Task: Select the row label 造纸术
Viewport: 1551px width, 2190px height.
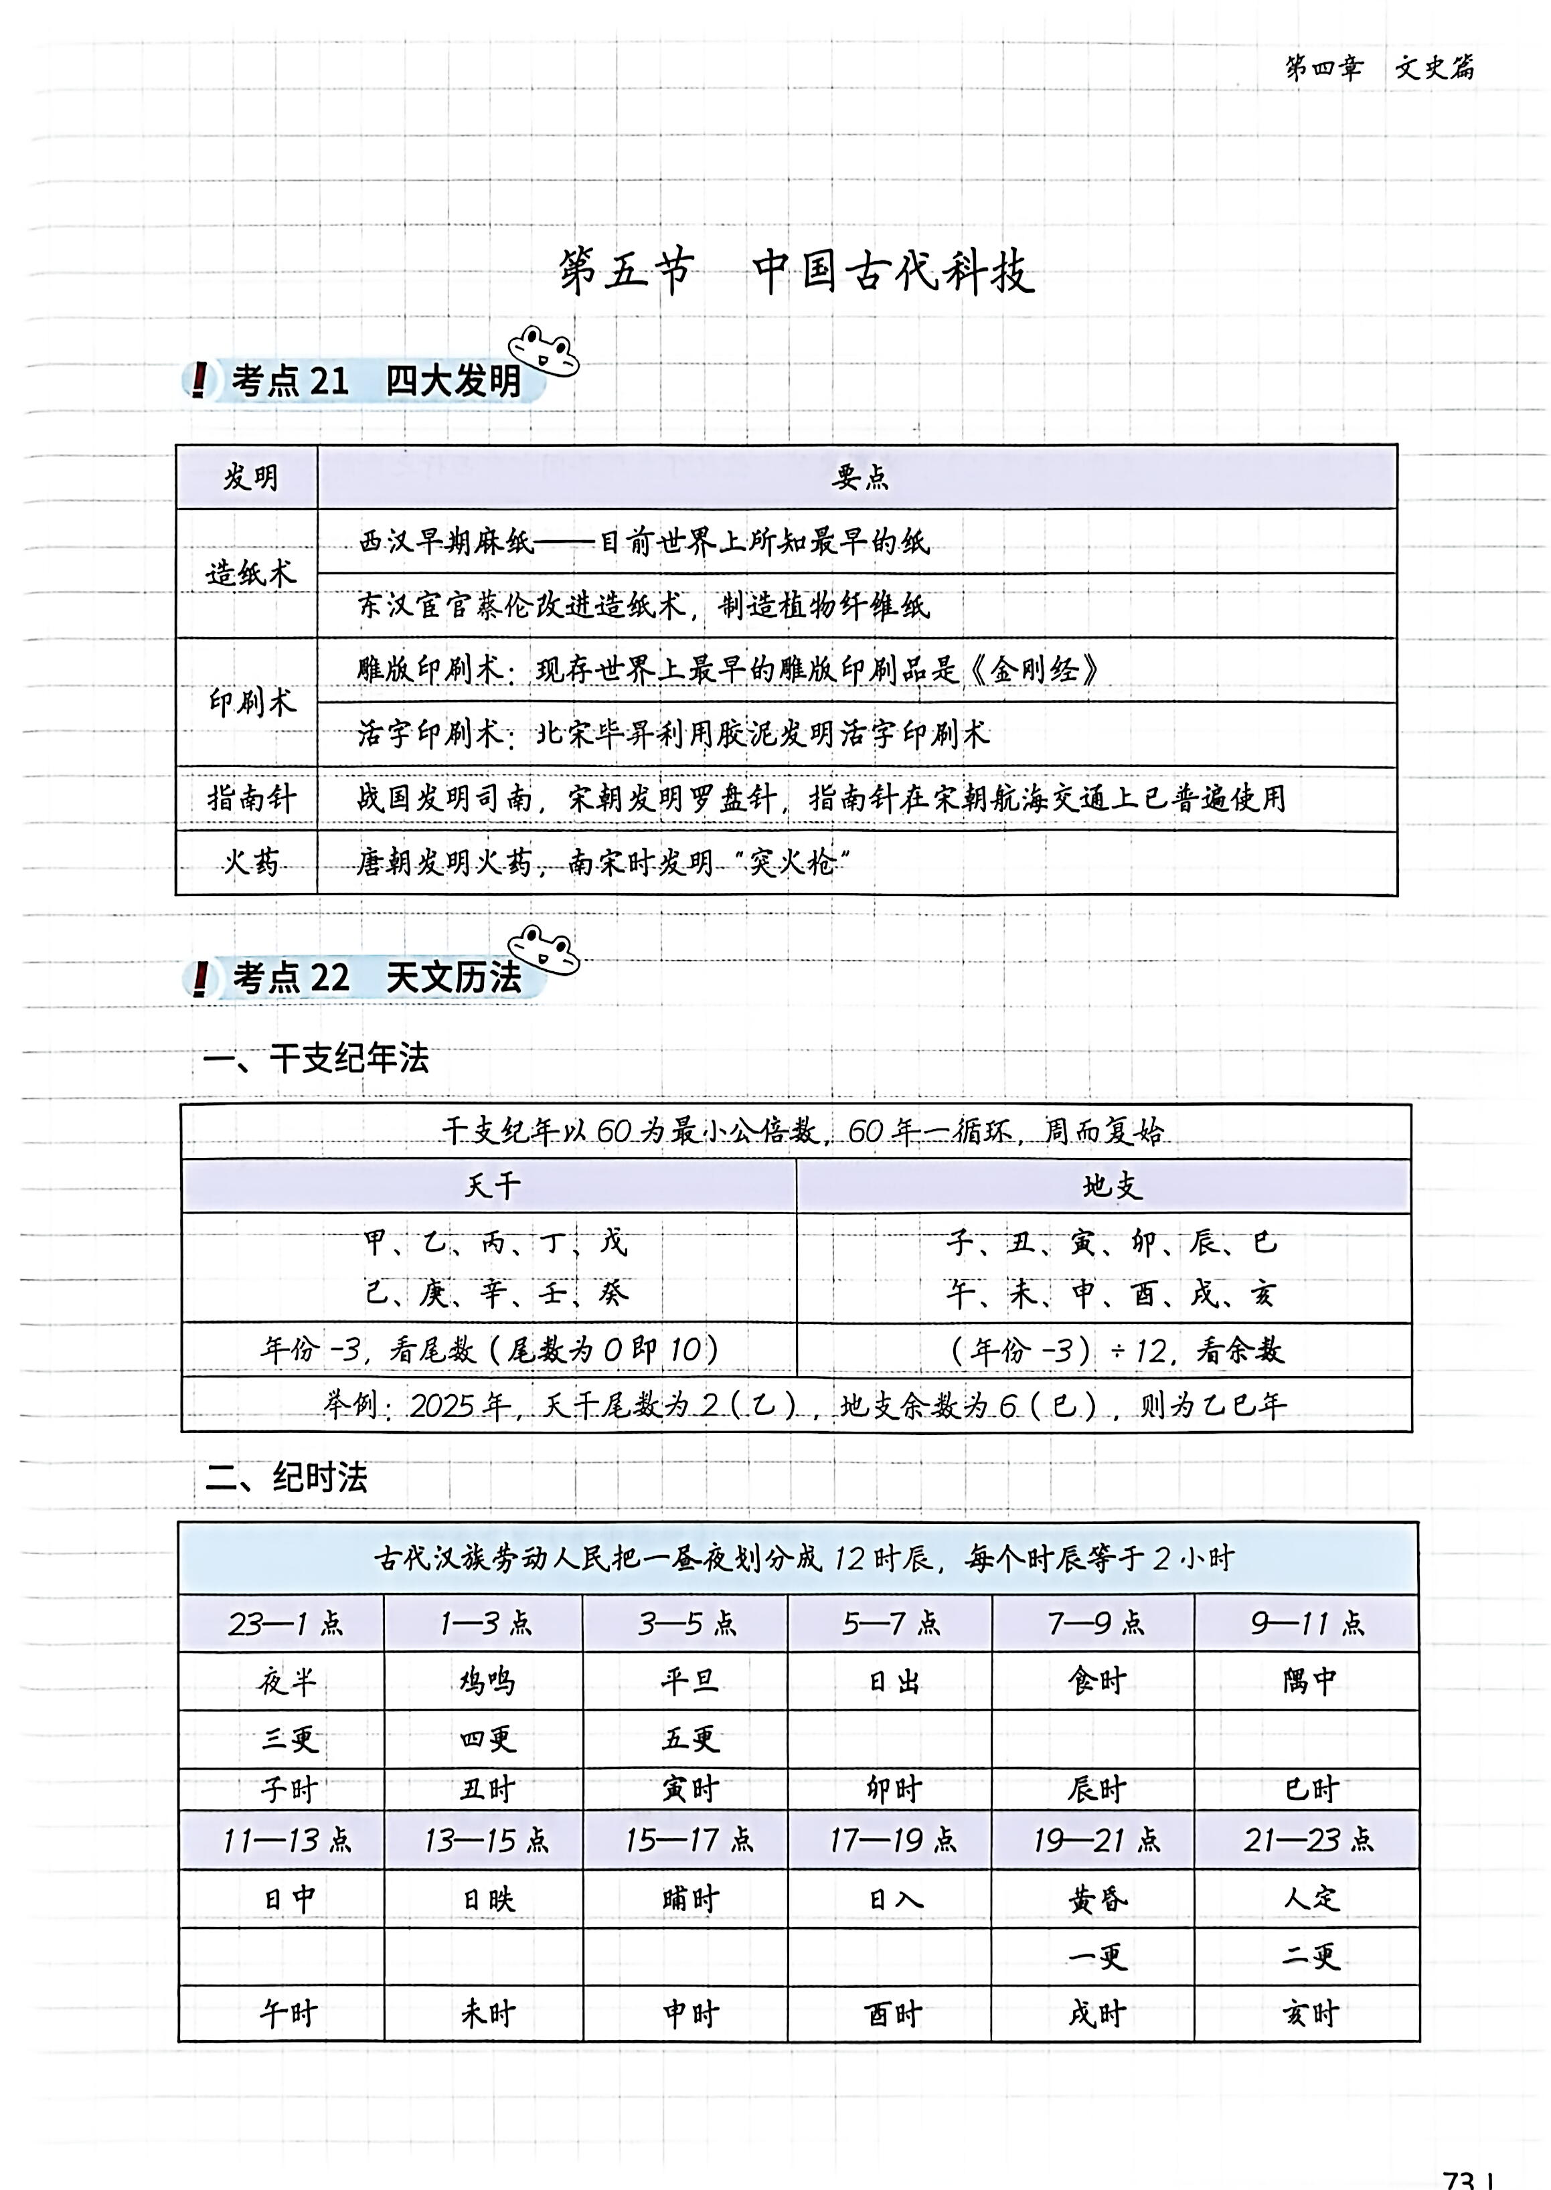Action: [250, 574]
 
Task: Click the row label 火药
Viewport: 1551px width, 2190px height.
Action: [250, 863]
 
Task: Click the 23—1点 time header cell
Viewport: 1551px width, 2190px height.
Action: [284, 1624]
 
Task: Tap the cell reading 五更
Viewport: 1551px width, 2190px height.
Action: [689, 1738]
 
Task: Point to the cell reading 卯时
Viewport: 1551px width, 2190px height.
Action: [893, 1789]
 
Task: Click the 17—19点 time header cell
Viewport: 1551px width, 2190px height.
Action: [893, 1841]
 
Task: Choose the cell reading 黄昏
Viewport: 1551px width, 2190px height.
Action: [1097, 1899]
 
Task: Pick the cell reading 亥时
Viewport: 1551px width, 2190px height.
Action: [1309, 2015]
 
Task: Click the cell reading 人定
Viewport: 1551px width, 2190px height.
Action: [1309, 1898]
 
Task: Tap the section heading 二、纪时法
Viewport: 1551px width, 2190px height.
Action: [287, 1478]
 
